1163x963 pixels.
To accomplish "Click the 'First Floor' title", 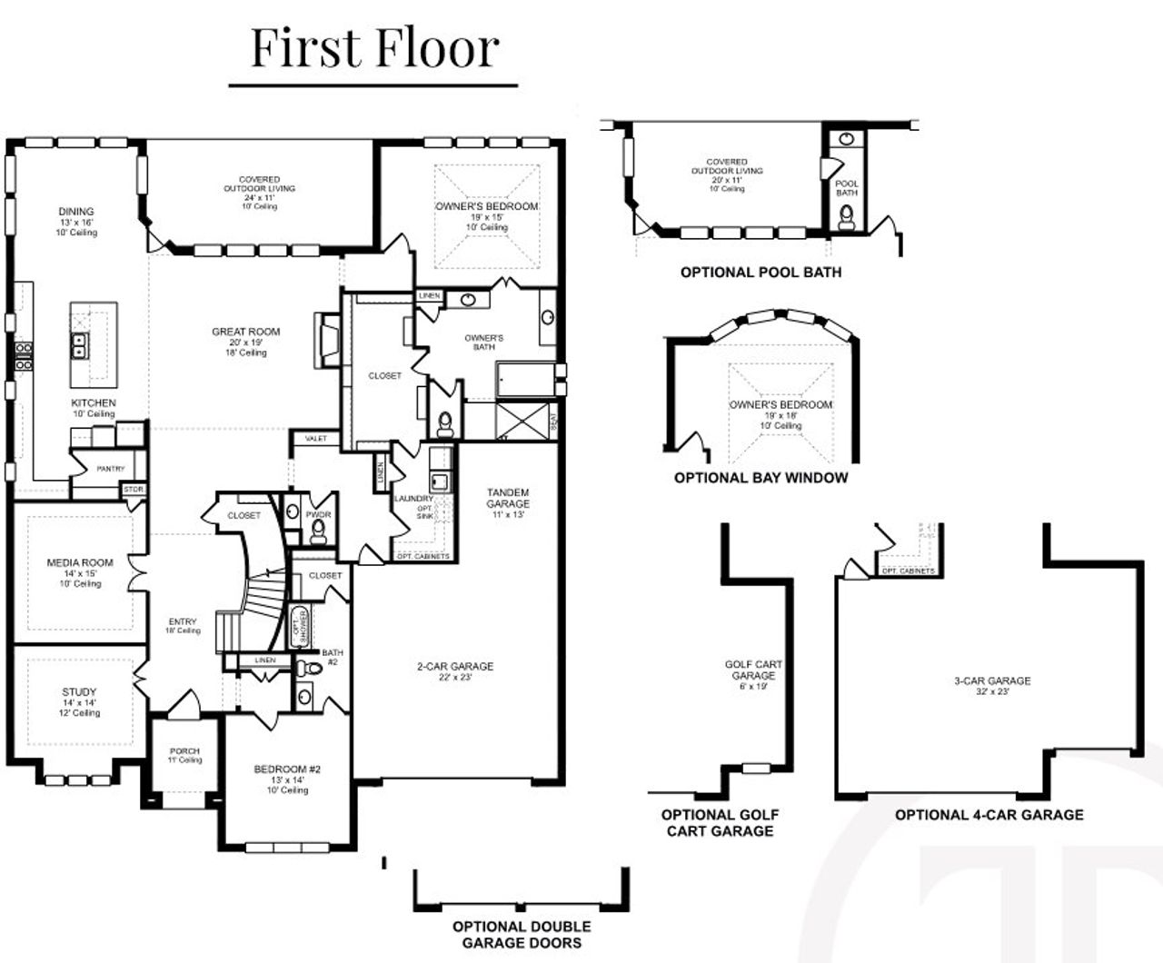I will click(374, 48).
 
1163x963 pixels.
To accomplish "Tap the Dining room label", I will click(76, 212).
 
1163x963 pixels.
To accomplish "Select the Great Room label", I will click(246, 333).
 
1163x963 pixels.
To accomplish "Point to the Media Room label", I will click(80, 563).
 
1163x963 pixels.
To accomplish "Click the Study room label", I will click(79, 692).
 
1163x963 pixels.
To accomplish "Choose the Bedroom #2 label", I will click(287, 769).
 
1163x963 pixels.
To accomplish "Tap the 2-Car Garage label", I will click(455, 667).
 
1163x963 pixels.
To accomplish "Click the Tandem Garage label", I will click(507, 498).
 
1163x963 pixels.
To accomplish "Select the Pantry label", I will click(110, 469).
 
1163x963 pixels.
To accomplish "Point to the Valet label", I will click(316, 439).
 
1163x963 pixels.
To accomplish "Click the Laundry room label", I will click(413, 499).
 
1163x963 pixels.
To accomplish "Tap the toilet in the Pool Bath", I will click(847, 216).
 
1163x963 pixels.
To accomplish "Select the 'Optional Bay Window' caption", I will click(760, 478).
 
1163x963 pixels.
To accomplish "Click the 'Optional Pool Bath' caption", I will click(760, 273).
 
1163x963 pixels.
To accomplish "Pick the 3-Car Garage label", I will click(992, 680).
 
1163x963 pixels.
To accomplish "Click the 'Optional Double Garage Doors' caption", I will click(522, 934).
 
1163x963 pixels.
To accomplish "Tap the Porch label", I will click(184, 751).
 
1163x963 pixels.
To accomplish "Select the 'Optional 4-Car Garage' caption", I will click(989, 815).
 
